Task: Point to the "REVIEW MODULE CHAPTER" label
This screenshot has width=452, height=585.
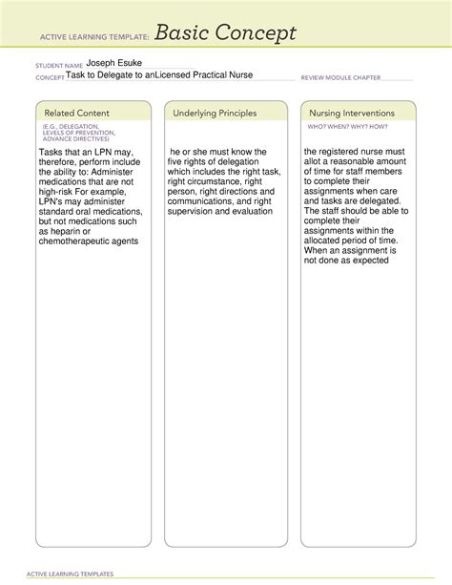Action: point(340,77)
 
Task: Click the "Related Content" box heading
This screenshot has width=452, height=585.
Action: point(73,114)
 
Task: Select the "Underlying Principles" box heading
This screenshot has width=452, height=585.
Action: point(215,114)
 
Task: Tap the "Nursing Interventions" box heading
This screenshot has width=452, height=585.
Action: point(351,114)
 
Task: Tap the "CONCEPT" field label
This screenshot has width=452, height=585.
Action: point(50,77)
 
